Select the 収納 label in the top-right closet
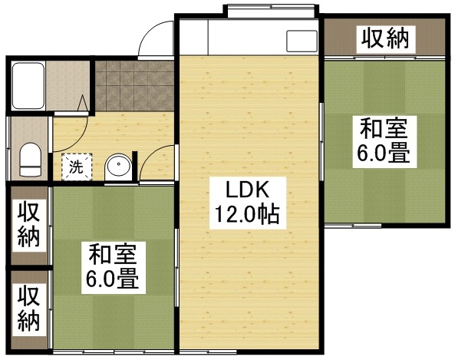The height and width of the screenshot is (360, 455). pyautogui.click(x=384, y=37)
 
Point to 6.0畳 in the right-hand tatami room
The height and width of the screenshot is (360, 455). pyautogui.click(x=381, y=154)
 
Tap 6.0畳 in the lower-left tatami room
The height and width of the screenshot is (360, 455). pyautogui.click(x=112, y=279)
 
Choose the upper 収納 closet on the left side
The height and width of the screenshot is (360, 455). pyautogui.click(x=28, y=223)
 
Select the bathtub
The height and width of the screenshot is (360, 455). pyautogui.click(x=30, y=86)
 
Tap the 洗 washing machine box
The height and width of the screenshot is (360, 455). pyautogui.click(x=76, y=164)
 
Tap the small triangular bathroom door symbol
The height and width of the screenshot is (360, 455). pyautogui.click(x=85, y=103)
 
